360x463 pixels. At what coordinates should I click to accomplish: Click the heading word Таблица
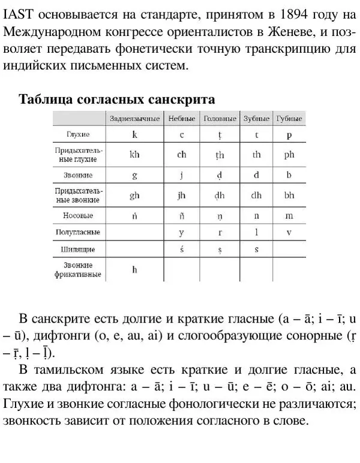46,99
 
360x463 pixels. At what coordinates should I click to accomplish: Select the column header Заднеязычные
134,119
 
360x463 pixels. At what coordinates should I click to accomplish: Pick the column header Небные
182,119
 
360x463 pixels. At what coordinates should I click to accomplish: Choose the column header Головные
220,119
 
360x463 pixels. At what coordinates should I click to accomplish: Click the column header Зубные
256,119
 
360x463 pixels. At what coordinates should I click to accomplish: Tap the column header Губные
289,119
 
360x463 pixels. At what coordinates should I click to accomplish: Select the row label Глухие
78,135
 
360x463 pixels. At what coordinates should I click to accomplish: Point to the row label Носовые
78,215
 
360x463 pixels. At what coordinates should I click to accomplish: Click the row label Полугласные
78,231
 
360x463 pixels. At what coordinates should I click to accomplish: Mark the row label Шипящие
78,248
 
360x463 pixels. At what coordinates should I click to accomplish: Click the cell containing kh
134,155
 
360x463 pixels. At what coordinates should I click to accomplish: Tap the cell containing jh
182,196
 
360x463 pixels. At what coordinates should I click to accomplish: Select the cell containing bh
289,196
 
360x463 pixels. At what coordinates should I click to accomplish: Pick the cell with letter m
289,215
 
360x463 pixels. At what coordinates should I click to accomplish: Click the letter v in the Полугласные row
289,231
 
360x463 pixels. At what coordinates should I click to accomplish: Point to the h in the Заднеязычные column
134,270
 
